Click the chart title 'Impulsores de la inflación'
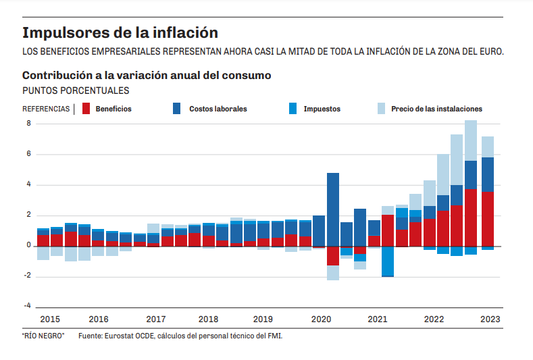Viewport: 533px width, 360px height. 120,32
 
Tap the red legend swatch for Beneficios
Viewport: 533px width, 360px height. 86,108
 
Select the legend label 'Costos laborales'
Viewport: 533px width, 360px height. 218,109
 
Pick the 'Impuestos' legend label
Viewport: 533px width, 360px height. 322,109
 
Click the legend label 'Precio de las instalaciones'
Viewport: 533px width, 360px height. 436,109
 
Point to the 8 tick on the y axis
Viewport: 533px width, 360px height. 29,124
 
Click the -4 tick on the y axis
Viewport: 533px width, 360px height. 28,306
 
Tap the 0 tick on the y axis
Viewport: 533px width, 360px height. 29,246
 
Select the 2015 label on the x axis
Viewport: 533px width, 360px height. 50,319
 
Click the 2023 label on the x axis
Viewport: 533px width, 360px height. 490,319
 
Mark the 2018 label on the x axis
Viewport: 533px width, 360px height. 208,319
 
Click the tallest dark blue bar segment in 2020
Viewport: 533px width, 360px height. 333,209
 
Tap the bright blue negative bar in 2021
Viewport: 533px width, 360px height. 388,261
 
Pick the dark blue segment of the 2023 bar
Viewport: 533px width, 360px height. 488,174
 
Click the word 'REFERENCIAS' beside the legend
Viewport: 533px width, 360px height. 46,109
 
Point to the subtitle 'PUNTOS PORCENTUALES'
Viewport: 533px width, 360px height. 76,91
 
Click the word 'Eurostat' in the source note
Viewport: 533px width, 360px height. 118,336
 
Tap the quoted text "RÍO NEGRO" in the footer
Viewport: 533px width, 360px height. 43,336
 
